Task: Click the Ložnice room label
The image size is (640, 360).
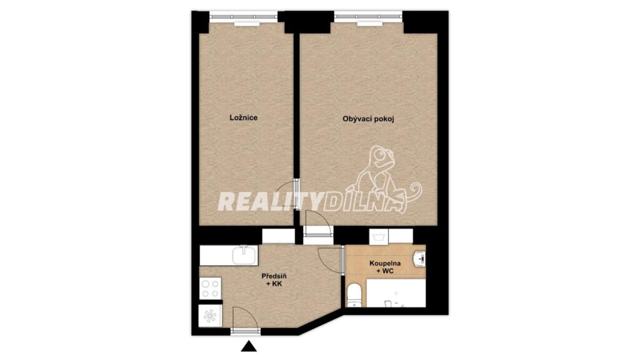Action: [x=243, y=117]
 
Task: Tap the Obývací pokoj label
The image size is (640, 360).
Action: [x=368, y=119]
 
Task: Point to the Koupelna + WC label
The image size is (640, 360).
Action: [x=385, y=267]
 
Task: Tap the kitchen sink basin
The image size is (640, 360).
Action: [x=244, y=255]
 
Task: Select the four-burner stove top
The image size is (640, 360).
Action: [x=210, y=288]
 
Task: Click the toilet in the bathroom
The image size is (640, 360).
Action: [x=354, y=296]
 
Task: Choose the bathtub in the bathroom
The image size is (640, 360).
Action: [x=396, y=292]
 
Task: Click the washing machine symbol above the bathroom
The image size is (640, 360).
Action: [x=379, y=237]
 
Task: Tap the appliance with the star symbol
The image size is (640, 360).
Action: [x=210, y=316]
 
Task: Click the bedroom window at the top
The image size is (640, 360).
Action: [x=244, y=17]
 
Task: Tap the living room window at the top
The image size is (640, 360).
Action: [x=368, y=17]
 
